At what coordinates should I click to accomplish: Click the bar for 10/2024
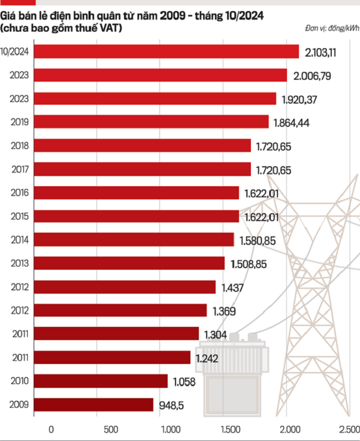pos(166,52)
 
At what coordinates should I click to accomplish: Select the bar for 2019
pos(151,122)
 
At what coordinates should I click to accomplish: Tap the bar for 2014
pos(134,239)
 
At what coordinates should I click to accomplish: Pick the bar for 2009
pos(94,404)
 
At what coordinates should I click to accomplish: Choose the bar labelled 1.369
pos(120,310)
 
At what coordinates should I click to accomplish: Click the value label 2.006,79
pos(312,76)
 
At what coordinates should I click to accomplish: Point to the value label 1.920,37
pos(301,99)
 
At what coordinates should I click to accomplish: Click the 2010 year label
pos(19,381)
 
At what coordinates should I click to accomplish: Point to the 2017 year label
pos(19,169)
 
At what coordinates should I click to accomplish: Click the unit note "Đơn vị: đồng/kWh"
pos(331,28)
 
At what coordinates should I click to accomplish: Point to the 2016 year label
pos(19,192)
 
